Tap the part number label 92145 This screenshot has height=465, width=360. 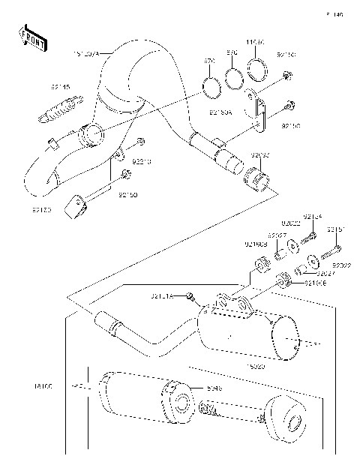coord(61,88)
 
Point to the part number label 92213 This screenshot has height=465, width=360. coord(142,160)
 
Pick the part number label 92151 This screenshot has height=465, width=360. coord(337,229)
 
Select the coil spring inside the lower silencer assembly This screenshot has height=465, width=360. coord(214,409)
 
